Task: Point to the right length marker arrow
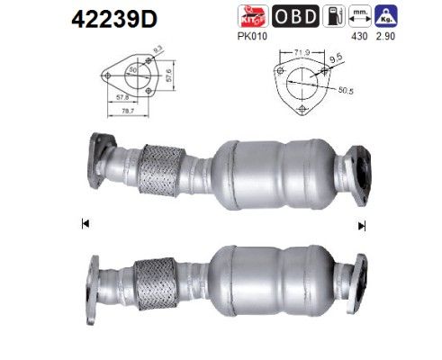point(362,224)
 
